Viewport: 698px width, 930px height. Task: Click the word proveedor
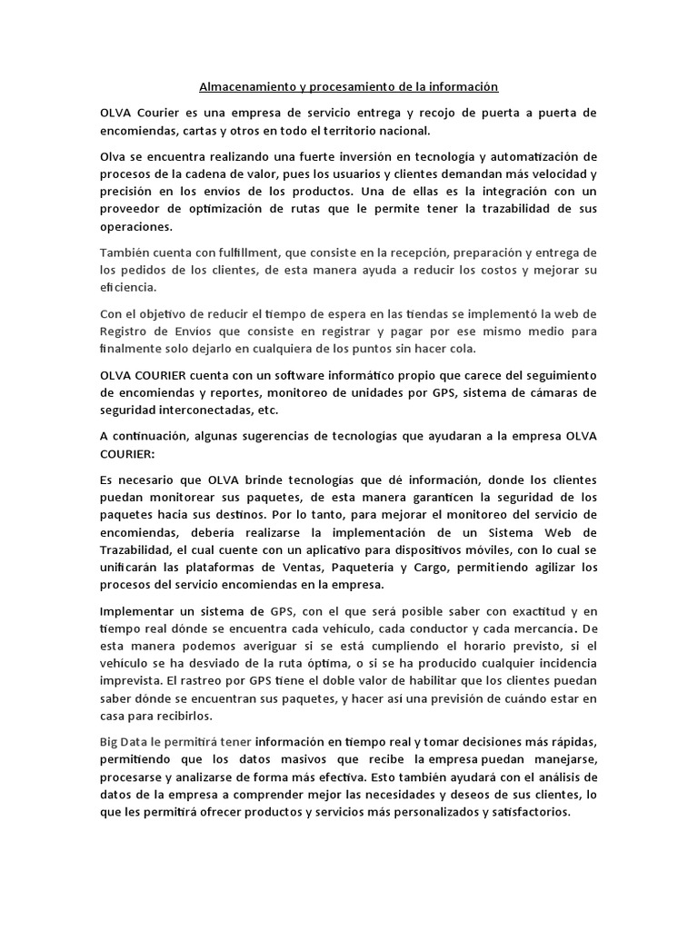[x=135, y=209]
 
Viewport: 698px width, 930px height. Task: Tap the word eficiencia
[x=127, y=287]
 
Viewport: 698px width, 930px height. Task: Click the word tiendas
[x=424, y=313]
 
